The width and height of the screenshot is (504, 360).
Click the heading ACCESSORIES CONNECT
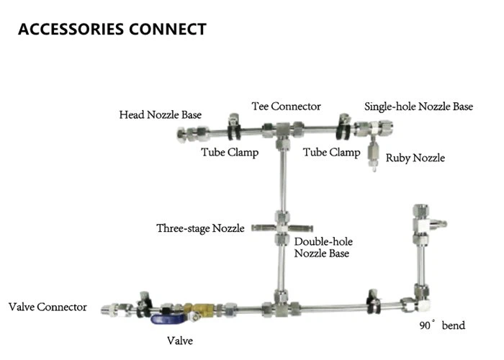112,30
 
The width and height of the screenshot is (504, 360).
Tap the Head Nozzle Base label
161,114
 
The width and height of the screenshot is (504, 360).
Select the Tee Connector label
286,107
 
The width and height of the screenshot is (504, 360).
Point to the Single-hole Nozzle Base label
418,107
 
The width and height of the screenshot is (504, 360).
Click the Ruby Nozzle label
415,158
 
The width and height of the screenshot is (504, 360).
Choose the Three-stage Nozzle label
201,228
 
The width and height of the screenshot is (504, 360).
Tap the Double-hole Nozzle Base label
323,248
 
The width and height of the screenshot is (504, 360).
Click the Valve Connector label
48,307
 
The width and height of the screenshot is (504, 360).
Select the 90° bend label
442,325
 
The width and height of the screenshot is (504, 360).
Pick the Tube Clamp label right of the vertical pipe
331,152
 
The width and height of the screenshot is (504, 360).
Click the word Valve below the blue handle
179,340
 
